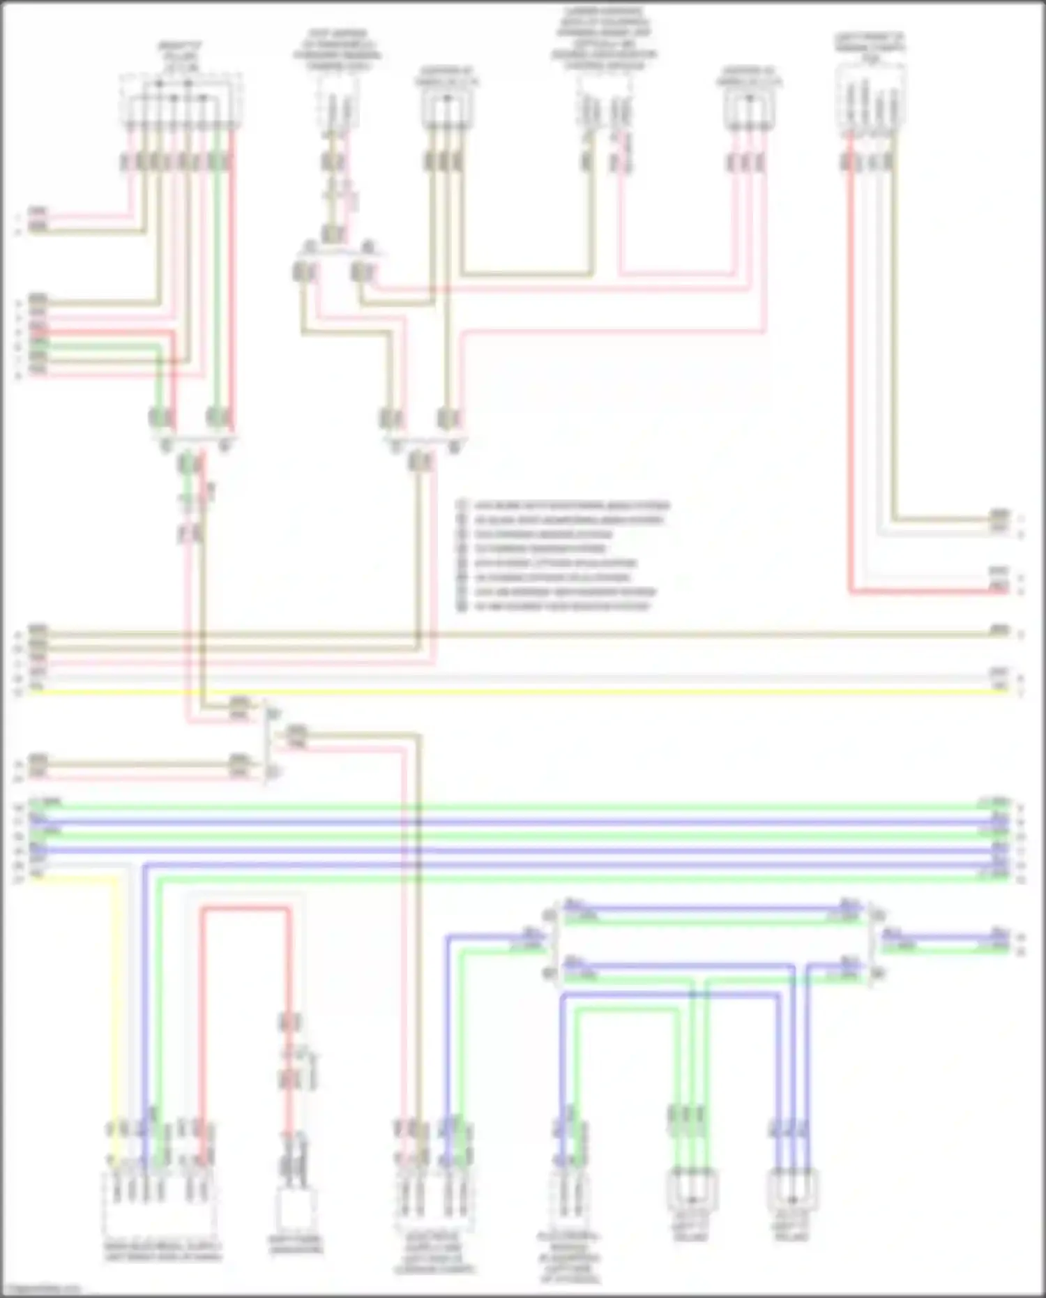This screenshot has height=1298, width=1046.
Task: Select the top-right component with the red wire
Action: (870, 98)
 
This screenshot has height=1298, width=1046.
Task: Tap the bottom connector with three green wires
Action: (692, 1189)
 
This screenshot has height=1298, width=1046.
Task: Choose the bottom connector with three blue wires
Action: (792, 1189)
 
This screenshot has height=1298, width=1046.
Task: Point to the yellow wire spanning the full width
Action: (516, 692)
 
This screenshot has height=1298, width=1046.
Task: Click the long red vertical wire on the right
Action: (850, 363)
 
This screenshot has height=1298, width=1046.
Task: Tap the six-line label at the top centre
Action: (604, 39)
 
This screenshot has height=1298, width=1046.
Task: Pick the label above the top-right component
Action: (870, 47)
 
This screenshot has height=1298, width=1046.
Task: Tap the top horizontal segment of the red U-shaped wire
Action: (245, 908)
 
